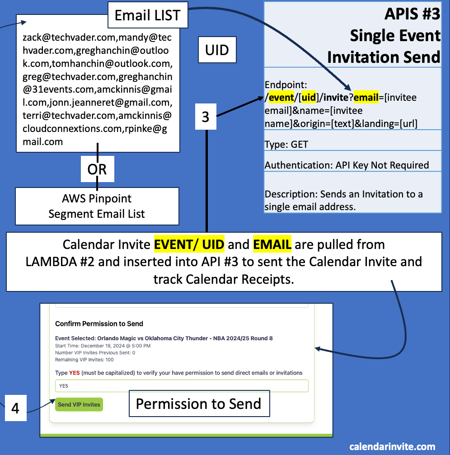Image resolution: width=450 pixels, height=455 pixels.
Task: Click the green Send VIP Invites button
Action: click(79, 404)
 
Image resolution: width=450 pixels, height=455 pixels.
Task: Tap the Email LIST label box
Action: click(147, 15)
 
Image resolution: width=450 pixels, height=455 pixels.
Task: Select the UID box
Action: click(217, 50)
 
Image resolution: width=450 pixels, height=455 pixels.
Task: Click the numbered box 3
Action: click(206, 117)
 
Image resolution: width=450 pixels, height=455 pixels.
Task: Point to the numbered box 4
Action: click(15, 408)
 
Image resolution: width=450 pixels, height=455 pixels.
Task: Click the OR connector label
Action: click(97, 169)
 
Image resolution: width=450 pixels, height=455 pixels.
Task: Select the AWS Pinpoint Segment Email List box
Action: click(97, 206)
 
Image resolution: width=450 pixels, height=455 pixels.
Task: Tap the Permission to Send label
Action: click(199, 403)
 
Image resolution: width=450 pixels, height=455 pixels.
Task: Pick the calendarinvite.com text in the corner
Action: click(392, 446)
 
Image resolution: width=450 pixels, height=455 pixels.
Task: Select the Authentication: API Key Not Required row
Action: click(347, 165)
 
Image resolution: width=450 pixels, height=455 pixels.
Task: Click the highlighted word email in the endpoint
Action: click(366, 97)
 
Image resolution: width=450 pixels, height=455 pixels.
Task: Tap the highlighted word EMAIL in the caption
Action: click(272, 244)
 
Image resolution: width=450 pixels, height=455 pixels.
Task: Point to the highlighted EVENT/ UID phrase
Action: click(189, 244)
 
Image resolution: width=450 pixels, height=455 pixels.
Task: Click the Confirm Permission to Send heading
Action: click(99, 324)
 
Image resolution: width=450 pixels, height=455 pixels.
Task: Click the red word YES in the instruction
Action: click(75, 373)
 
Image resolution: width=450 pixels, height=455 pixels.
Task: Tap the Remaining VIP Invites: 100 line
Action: click(84, 360)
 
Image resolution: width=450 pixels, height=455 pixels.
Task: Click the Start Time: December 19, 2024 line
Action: click(103, 346)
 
